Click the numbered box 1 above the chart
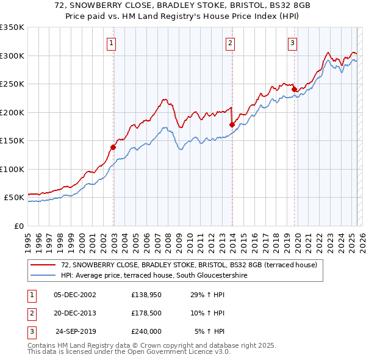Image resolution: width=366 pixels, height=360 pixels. pyautogui.click(x=112, y=43)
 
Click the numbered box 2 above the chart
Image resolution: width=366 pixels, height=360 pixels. pyautogui.click(x=231, y=43)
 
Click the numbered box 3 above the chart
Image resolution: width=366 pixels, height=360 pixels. pyautogui.click(x=293, y=43)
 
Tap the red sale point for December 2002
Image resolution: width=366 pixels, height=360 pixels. pyautogui.click(x=113, y=147)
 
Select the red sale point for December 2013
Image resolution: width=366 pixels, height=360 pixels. pyautogui.click(x=232, y=124)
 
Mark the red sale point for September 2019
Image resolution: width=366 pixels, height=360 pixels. pyautogui.click(x=294, y=89)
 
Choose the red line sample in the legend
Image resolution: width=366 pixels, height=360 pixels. pyautogui.click(x=43, y=265)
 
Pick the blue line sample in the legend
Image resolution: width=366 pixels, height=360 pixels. pyautogui.click(x=43, y=276)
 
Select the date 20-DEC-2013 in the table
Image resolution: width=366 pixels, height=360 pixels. pyautogui.click(x=75, y=313)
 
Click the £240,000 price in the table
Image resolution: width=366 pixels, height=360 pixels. pyautogui.click(x=146, y=331)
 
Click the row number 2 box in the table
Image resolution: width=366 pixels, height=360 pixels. pyautogui.click(x=30, y=313)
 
